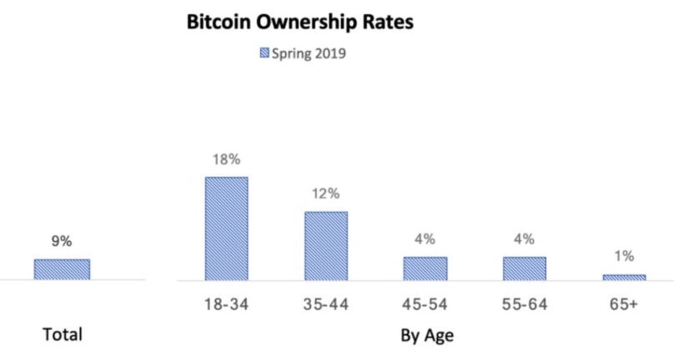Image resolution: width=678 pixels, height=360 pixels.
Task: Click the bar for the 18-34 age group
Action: pyautogui.click(x=226, y=228)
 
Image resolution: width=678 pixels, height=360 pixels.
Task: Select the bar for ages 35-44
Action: pyautogui.click(x=325, y=246)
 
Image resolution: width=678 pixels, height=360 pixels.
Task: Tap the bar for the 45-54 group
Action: pyautogui.click(x=424, y=267)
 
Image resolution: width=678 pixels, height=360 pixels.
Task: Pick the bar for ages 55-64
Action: pyautogui.click(x=524, y=267)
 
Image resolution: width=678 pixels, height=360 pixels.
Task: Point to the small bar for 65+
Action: pyautogui.click(x=624, y=277)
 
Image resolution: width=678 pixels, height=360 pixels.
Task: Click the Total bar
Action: pyautogui.click(x=62, y=268)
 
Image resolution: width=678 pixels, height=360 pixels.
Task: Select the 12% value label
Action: pyautogui.click(x=326, y=194)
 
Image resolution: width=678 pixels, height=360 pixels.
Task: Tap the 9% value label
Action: pyautogui.click(x=62, y=242)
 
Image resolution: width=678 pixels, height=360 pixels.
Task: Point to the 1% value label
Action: pyautogui.click(x=625, y=257)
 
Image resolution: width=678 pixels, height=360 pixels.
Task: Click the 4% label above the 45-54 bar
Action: pyautogui.click(x=425, y=239)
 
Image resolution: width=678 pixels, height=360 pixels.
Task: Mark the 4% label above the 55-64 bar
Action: pyautogui.click(x=525, y=239)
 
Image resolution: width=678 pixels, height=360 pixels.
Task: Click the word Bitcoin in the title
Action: pyautogui.click(x=221, y=22)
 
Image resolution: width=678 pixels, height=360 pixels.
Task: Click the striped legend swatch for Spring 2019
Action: pyautogui.click(x=266, y=54)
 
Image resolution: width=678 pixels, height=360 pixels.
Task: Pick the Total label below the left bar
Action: pyautogui.click(x=63, y=336)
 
